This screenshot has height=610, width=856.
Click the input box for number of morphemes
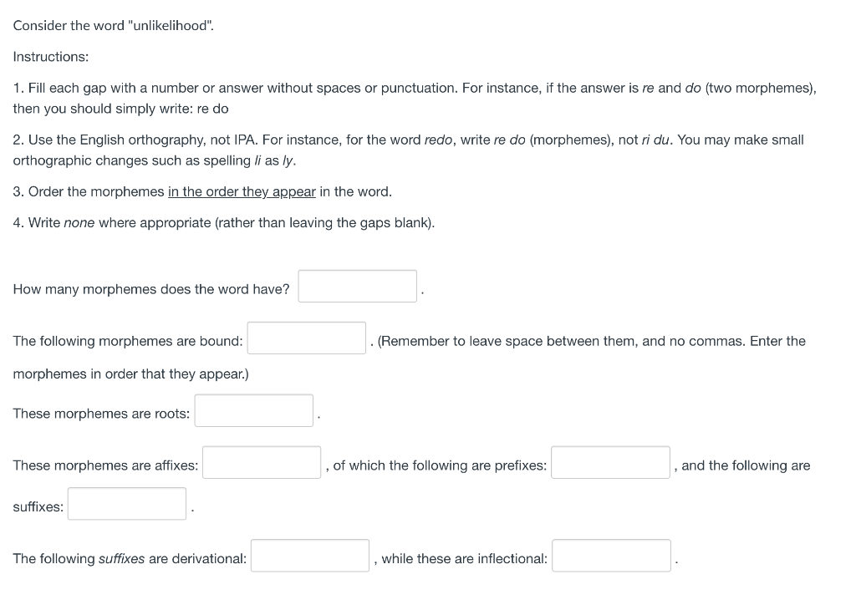[358, 286]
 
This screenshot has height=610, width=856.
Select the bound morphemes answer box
[307, 338]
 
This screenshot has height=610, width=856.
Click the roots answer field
[254, 410]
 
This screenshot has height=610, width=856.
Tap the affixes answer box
[262, 462]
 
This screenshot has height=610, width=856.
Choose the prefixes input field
[610, 462]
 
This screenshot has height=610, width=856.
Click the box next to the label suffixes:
[127, 504]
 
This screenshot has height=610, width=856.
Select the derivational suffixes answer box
[310, 556]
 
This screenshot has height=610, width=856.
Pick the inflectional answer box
[611, 556]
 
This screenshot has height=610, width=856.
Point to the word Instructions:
[51, 57]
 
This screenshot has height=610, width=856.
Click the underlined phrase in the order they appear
[242, 192]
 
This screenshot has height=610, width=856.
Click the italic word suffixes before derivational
[121, 559]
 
